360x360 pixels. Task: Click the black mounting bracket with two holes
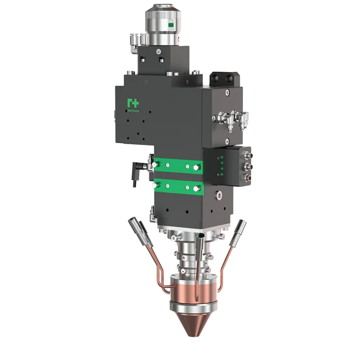224,80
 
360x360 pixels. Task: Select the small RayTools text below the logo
133,110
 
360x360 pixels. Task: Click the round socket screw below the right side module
218,194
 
